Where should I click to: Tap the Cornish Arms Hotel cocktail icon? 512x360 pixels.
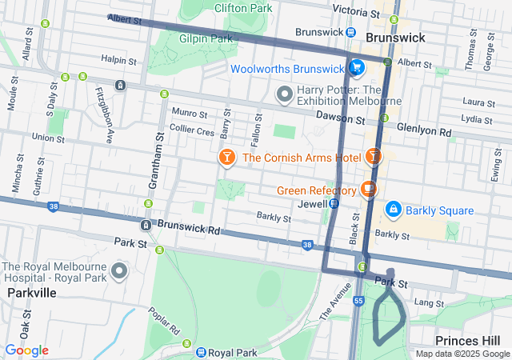tap(227, 158)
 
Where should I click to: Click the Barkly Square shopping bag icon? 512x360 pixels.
tap(393, 210)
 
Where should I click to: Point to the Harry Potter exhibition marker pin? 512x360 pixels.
tap(284, 95)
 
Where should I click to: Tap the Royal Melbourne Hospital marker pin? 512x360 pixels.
tap(120, 271)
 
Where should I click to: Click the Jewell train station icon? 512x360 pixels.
tap(334, 204)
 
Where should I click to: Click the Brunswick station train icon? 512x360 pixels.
tap(352, 32)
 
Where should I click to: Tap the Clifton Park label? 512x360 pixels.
tap(242, 9)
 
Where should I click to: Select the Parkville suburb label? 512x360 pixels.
tap(31, 293)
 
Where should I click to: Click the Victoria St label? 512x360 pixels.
tap(354, 11)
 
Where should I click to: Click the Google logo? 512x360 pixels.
tap(26, 350)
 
